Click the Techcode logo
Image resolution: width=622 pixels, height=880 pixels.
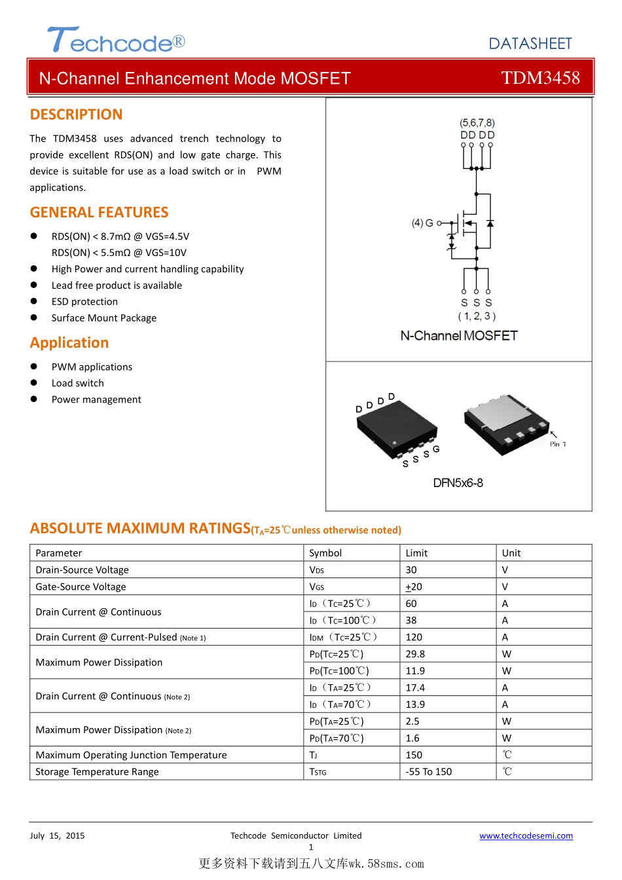click(x=116, y=41)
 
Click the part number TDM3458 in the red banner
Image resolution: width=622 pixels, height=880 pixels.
click(x=540, y=78)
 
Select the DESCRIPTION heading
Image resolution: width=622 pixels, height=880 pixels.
click(x=76, y=115)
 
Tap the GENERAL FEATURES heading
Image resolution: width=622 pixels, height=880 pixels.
click(x=99, y=212)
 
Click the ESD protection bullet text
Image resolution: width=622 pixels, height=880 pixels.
click(x=84, y=302)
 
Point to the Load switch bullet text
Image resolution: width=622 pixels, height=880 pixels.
click(x=77, y=383)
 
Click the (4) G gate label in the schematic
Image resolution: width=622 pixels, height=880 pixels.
click(x=422, y=223)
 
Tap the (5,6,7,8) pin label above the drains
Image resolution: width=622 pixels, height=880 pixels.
click(x=477, y=122)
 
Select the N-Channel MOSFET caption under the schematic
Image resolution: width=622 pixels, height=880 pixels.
click(x=459, y=336)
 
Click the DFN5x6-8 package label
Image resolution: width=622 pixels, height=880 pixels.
click(x=458, y=483)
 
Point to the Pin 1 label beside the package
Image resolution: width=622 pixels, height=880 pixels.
click(x=558, y=444)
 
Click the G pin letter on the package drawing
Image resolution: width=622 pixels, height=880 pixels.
click(x=436, y=449)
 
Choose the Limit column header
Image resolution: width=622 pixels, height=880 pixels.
click(x=416, y=553)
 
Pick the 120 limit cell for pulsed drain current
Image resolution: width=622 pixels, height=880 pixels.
click(x=414, y=637)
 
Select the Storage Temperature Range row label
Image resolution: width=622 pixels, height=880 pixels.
click(x=97, y=772)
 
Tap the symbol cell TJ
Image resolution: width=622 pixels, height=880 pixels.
click(x=313, y=755)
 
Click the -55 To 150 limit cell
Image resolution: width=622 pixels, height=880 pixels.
click(x=428, y=772)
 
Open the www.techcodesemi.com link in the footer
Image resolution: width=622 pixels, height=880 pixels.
click(x=526, y=836)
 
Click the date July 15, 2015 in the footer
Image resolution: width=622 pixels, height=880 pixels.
click(x=57, y=836)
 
